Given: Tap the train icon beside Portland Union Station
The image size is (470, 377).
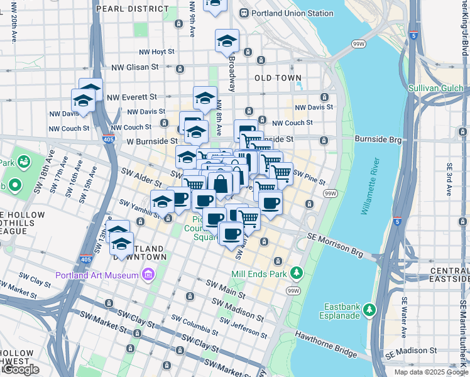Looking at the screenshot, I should pyautogui.click(x=244, y=13).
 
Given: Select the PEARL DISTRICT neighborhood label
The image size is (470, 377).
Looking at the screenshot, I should pyautogui.click(x=132, y=9).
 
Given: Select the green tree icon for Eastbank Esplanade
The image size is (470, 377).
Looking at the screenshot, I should pyautogui.click(x=370, y=310).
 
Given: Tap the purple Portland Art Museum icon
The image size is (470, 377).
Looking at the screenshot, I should pyautogui.click(x=148, y=275).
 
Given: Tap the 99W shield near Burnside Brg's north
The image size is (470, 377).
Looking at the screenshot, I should pyautogui.click(x=359, y=44).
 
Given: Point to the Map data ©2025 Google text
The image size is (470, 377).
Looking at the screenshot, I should pyautogui.click(x=431, y=372).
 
